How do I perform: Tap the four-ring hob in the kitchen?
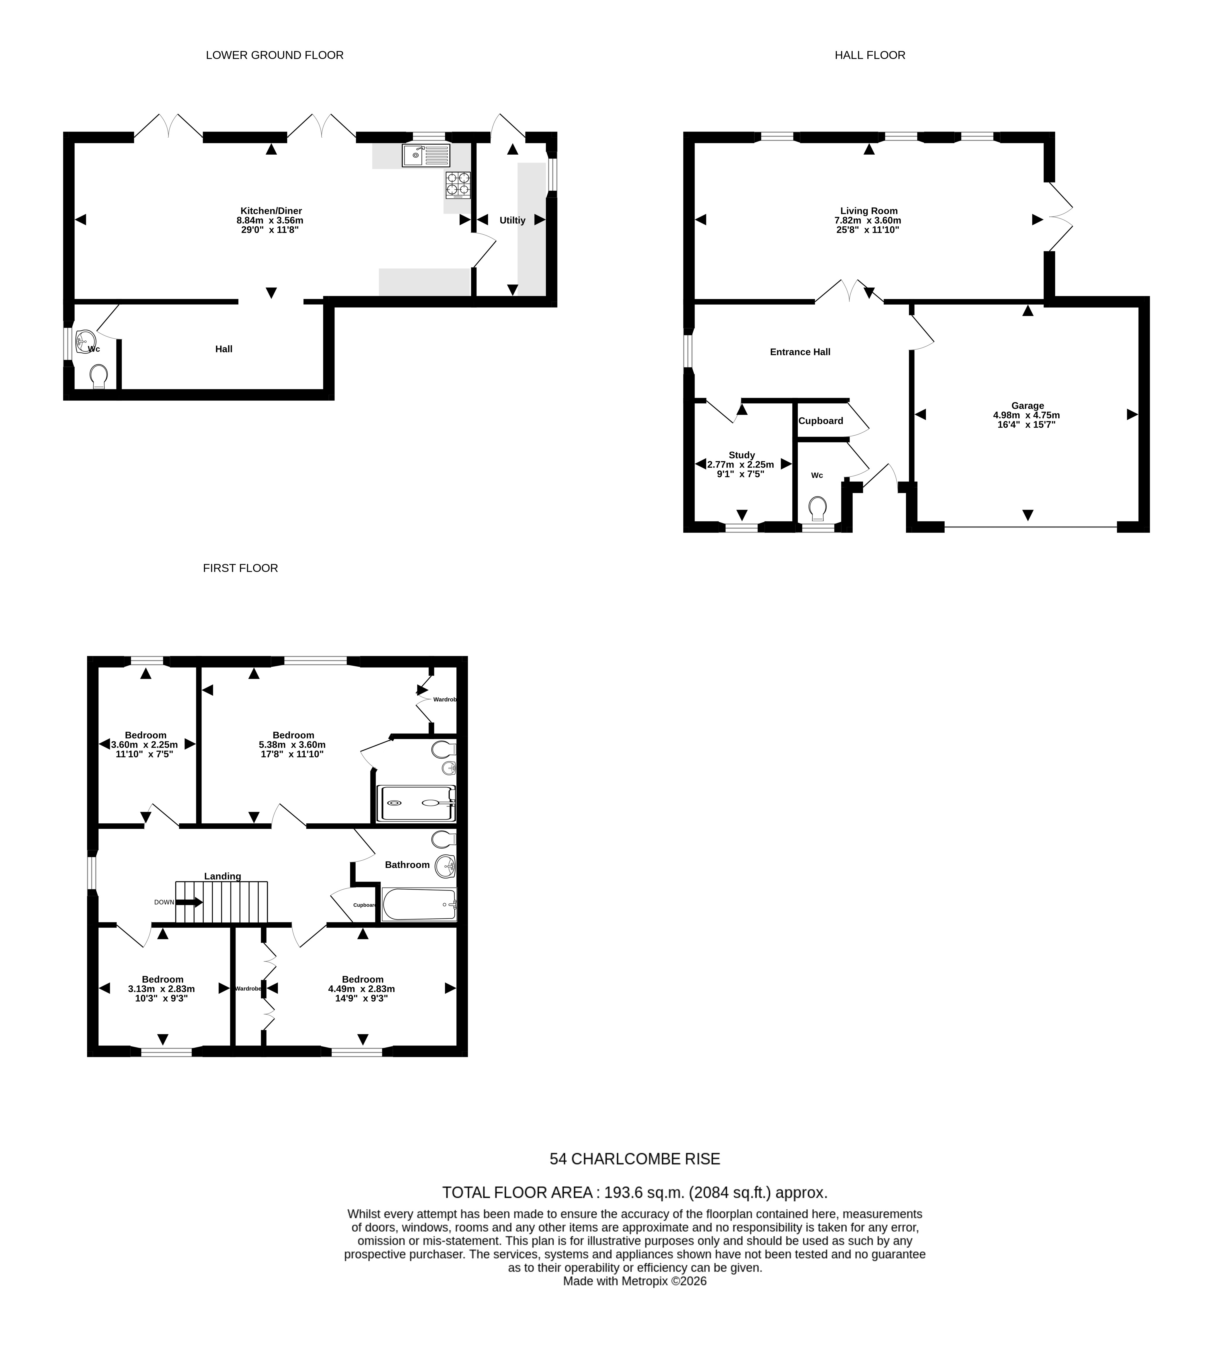coord(458,185)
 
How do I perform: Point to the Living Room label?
coord(869,211)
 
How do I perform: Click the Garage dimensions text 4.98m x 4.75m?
coord(1026,414)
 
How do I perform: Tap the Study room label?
coord(742,455)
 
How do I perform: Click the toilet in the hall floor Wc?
coord(818,509)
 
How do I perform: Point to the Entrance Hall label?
coord(800,352)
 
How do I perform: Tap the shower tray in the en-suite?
coord(417,803)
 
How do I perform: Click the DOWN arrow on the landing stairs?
coord(189,902)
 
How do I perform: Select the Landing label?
coord(223,876)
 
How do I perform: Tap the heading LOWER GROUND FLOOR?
coord(274,55)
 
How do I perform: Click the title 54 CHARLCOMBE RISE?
coord(634,1159)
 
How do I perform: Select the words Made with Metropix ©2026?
coord(634,1281)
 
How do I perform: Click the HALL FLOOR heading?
coord(870,55)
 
